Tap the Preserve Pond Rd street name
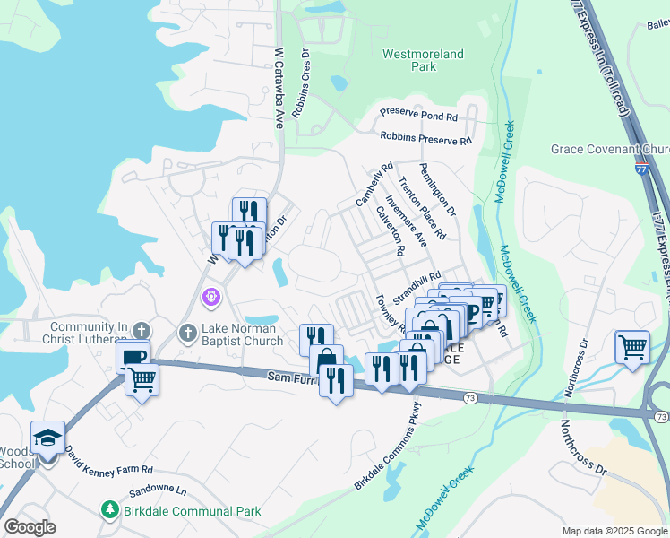[x=418, y=117]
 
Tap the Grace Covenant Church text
[x=609, y=149]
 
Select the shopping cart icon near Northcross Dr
[x=632, y=346]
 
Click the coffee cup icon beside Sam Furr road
[x=133, y=356]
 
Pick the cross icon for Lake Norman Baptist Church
[x=187, y=333]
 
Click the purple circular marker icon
[x=211, y=294]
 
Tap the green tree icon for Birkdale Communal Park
[x=109, y=510]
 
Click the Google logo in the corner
[x=29, y=527]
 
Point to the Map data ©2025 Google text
[x=614, y=531]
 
